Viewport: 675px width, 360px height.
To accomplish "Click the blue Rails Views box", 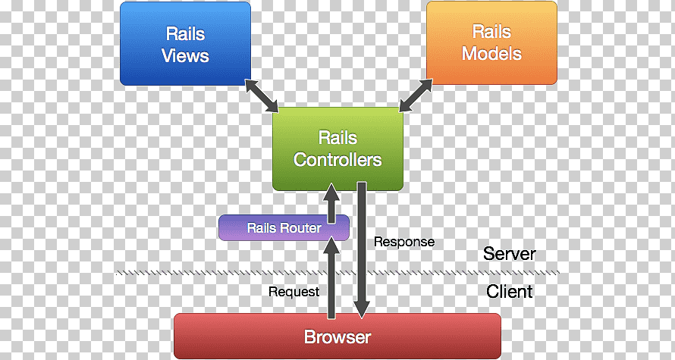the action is (185, 43).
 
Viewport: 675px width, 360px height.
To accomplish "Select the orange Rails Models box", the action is (491, 42).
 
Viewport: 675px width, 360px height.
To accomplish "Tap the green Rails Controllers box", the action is (338, 149).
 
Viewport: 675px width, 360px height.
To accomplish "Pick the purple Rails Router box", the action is (284, 227).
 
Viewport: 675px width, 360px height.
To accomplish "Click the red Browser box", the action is (337, 336).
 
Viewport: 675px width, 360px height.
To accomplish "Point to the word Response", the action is (403, 242).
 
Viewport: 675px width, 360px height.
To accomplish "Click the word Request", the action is (294, 292).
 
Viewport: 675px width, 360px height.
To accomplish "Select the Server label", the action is (509, 253).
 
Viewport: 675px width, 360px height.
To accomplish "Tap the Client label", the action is (509, 291).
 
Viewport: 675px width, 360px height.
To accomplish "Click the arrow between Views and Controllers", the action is (262, 96).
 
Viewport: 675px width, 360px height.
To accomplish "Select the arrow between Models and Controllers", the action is (416, 95).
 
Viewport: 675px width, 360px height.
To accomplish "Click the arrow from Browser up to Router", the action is (331, 277).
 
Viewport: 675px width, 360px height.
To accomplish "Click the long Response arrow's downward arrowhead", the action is (362, 308).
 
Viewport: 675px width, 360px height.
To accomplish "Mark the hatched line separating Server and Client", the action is (338, 272).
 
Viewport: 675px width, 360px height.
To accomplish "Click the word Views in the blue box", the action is (185, 56).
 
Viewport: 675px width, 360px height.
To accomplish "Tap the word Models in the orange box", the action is (491, 54).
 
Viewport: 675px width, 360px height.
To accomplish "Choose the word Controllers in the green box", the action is (338, 160).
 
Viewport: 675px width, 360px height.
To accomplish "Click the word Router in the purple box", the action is (301, 227).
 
